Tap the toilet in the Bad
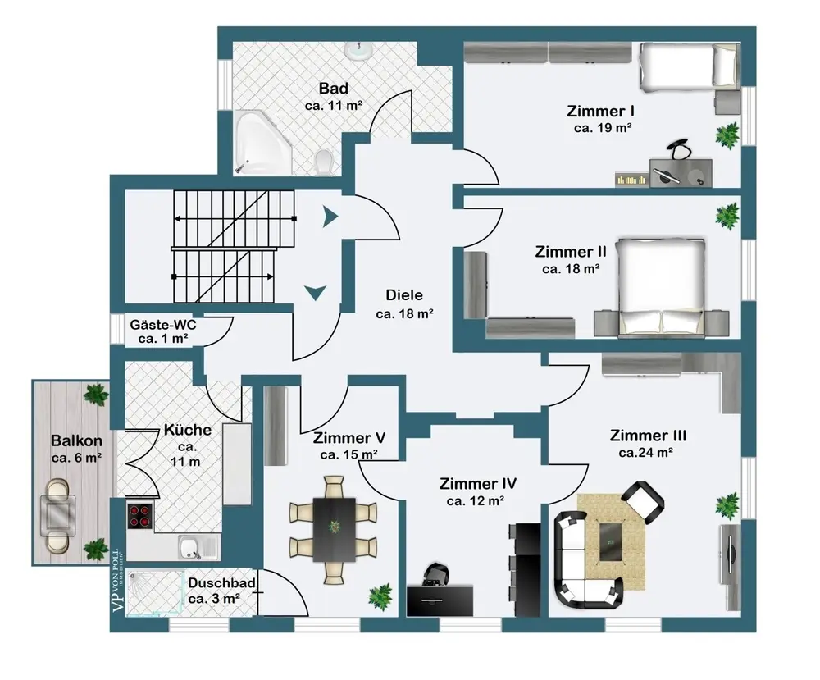[324, 161]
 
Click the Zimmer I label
[602, 111]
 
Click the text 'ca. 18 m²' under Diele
[404, 313]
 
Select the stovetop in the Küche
[140, 514]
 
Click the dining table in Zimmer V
[334, 529]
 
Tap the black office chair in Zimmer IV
[437, 575]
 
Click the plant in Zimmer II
[727, 217]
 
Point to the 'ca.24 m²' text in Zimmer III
[646, 452]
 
